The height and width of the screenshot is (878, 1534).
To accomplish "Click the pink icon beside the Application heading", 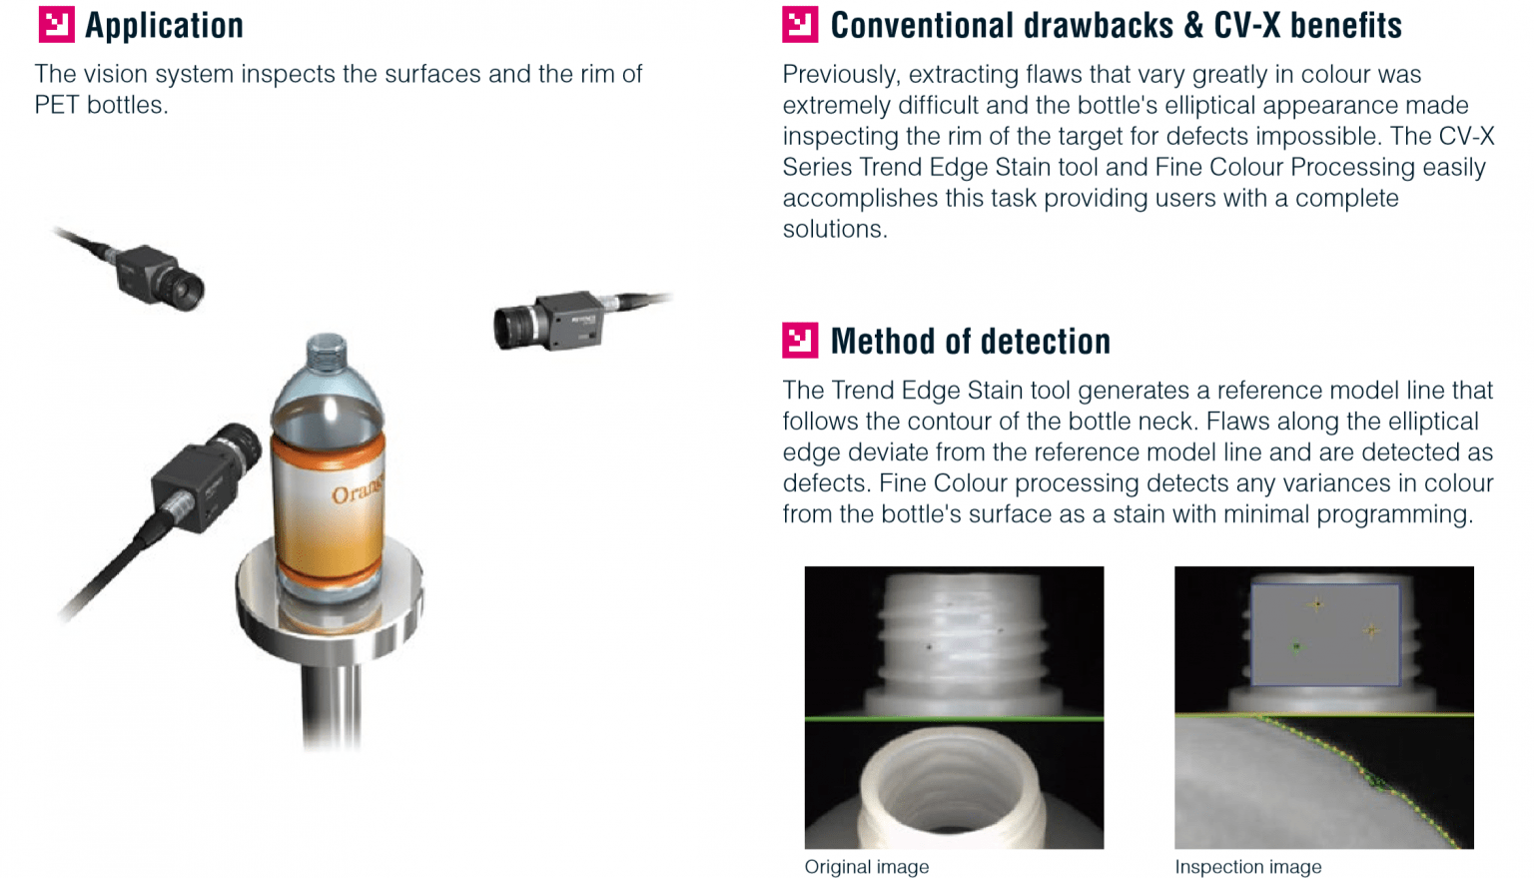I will click(x=56, y=25).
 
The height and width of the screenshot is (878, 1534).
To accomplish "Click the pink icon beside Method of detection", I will click(x=800, y=341).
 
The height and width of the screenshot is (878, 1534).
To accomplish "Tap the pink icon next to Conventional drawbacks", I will click(x=800, y=25).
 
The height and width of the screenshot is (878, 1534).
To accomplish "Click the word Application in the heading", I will click(x=164, y=26).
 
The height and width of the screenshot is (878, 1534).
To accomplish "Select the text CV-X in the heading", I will click(x=1246, y=26).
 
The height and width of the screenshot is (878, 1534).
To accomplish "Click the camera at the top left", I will click(x=160, y=274).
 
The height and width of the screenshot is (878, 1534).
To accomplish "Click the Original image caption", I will click(x=866, y=867).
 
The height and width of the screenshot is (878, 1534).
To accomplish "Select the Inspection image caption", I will click(x=1247, y=867).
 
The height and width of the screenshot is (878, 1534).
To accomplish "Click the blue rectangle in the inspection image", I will click(x=1324, y=635).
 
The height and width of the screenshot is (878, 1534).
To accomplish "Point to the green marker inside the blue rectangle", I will click(x=1296, y=647).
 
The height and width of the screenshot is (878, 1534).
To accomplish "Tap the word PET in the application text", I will click(x=56, y=105).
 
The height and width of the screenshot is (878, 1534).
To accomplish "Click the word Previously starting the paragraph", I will click(x=838, y=75).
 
